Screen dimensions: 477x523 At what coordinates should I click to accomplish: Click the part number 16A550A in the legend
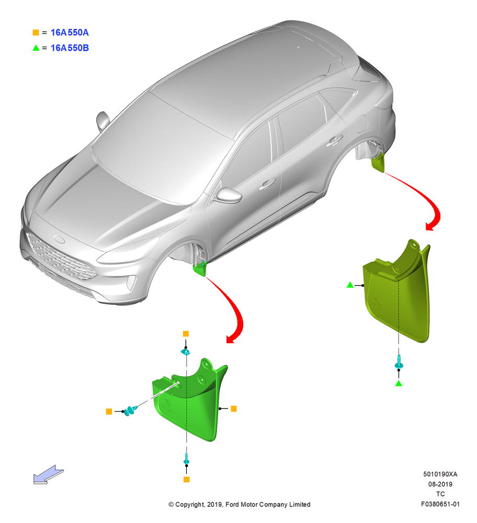pyautogui.click(x=70, y=32)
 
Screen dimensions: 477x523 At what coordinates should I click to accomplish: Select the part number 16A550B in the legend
pyautogui.click(x=70, y=48)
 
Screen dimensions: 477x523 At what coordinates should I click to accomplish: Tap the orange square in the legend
pyautogui.click(x=36, y=32)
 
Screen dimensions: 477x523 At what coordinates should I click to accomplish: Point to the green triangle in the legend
pyautogui.click(x=36, y=48)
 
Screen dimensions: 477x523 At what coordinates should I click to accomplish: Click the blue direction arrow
pyautogui.click(x=48, y=474)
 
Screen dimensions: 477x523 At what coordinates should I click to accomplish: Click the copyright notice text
pyautogui.click(x=239, y=504)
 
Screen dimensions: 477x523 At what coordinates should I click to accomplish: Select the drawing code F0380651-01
pyautogui.click(x=440, y=504)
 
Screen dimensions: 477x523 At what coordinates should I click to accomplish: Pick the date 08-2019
pyautogui.click(x=440, y=484)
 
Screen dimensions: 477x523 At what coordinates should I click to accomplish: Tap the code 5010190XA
pyautogui.click(x=440, y=474)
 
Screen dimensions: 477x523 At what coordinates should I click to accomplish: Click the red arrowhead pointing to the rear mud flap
pyautogui.click(x=431, y=226)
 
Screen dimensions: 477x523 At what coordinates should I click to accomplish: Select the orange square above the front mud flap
pyautogui.click(x=186, y=334)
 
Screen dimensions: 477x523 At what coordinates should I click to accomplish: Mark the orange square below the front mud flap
pyautogui.click(x=187, y=479)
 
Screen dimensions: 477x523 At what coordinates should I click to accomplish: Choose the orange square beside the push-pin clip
pyautogui.click(x=109, y=412)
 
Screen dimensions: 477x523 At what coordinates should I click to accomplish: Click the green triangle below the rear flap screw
pyautogui.click(x=399, y=383)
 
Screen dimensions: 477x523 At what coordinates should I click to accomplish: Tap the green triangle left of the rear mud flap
pyautogui.click(x=350, y=285)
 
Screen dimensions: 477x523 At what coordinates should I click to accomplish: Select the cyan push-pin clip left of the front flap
pyautogui.click(x=130, y=410)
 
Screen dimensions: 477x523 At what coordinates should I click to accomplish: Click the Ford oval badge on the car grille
pyautogui.click(x=60, y=239)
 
